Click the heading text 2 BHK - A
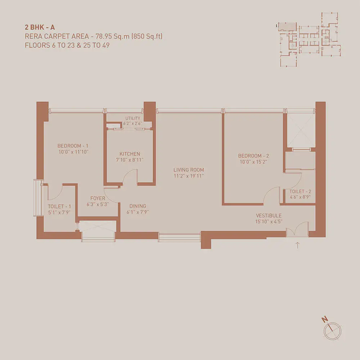[x=40, y=27]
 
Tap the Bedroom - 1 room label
[x=73, y=146]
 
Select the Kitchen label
[x=130, y=154]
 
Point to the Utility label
[x=133, y=118]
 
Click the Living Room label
[x=189, y=170]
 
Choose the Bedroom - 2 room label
[x=253, y=156]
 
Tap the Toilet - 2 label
[x=300, y=192]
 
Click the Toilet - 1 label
[x=59, y=206]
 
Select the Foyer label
[x=98, y=198]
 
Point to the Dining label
[x=138, y=206]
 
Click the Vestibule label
[x=269, y=216]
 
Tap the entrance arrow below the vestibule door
[x=298, y=245]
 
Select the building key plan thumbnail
[x=309, y=40]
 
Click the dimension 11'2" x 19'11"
[x=189, y=176]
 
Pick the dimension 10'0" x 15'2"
[x=253, y=162]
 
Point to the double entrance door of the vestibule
[x=297, y=229]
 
